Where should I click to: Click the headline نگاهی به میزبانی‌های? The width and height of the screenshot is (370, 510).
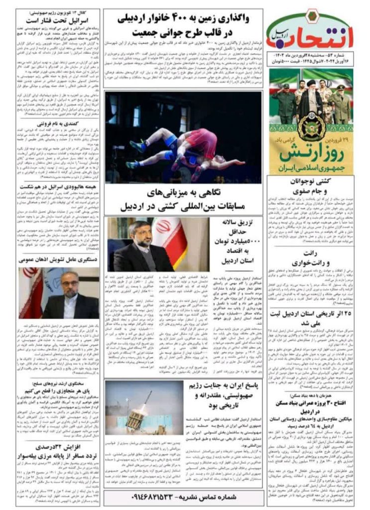pos(183,192)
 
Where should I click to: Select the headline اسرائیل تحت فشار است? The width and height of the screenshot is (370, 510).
pos(58,21)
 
